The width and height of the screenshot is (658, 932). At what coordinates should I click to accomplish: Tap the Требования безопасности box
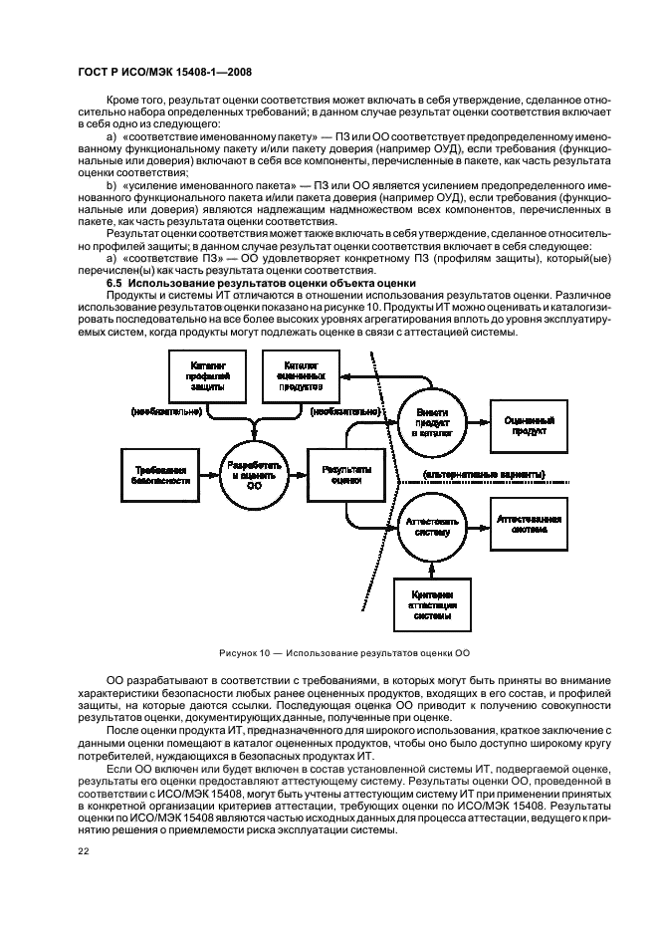pyautogui.click(x=158, y=473)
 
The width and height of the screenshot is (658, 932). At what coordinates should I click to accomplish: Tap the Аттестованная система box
pyautogui.click(x=529, y=525)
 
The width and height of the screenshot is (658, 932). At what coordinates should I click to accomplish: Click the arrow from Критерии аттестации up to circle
pyautogui.click(x=432, y=566)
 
